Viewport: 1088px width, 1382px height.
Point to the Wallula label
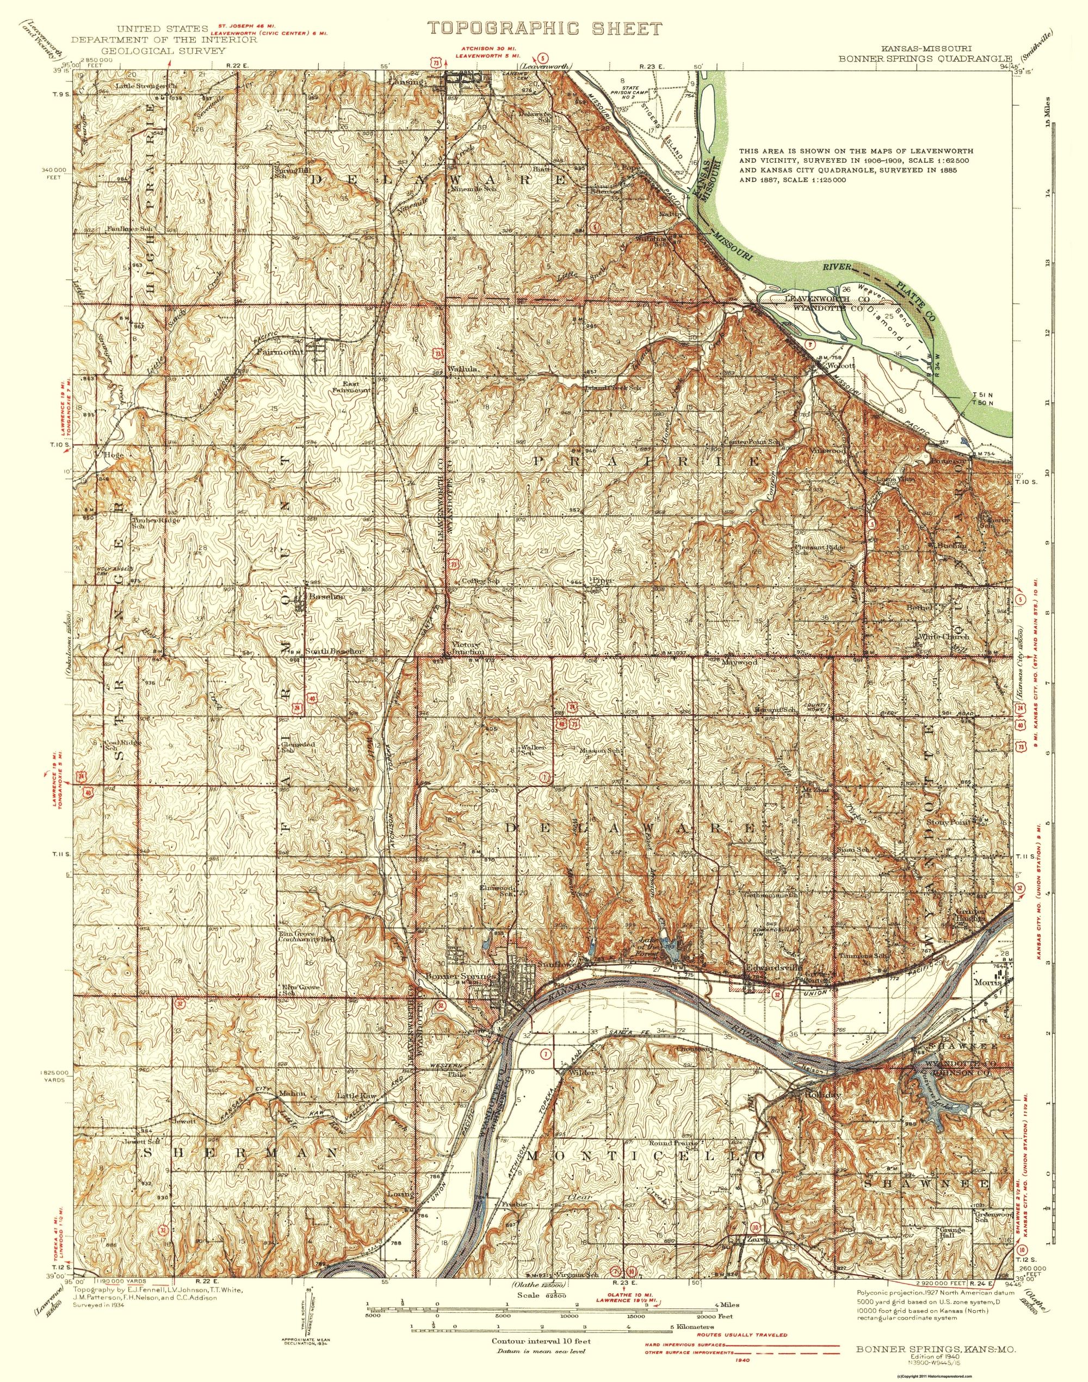pos(465,369)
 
